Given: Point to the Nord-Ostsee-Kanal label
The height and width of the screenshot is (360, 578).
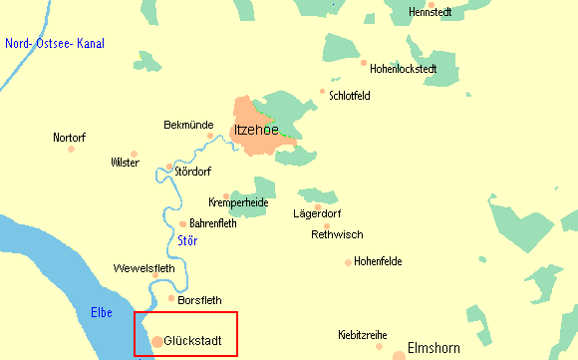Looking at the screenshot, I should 55,44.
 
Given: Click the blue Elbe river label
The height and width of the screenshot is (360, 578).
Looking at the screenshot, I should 101,311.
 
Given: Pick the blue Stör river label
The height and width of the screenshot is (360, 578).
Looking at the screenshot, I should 187,240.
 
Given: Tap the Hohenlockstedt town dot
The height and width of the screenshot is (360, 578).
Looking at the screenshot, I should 363,61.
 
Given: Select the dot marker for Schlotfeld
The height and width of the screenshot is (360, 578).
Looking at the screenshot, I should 322,93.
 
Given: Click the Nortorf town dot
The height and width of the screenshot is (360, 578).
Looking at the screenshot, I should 71,150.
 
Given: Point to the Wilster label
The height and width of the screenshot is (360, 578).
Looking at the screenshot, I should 126,163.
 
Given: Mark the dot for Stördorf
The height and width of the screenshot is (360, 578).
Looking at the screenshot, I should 169,168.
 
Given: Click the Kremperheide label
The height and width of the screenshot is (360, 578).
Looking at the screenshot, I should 239,202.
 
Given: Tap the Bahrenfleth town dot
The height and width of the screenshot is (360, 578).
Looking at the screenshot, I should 183,224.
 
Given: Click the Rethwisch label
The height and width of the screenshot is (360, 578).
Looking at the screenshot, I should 337,235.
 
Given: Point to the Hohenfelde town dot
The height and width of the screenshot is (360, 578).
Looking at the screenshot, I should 349,263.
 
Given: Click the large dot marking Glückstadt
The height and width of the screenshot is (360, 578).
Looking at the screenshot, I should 157,342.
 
